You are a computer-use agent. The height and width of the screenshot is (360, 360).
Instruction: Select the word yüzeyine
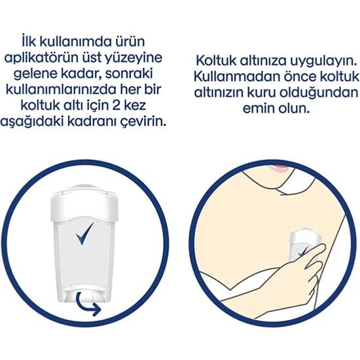[x=134, y=58]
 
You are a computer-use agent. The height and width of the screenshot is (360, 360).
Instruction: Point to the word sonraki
[x=129, y=73]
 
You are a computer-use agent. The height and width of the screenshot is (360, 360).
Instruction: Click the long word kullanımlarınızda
[x=61, y=89]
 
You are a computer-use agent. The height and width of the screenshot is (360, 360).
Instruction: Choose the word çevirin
[x=143, y=122]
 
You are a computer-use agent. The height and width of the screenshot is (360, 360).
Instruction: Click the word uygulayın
[x=323, y=62]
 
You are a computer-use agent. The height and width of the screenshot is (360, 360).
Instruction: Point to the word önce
[x=300, y=77]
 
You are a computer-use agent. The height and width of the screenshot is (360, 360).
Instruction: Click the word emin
[x=259, y=109]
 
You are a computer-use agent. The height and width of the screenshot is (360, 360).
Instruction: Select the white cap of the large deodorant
[x=84, y=204]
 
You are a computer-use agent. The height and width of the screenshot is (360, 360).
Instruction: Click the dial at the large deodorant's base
[x=85, y=296]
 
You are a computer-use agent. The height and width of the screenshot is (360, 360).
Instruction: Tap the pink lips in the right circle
[x=279, y=168]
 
